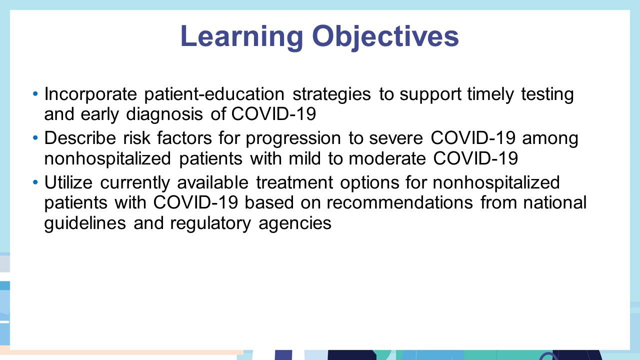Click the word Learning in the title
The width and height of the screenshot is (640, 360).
241,37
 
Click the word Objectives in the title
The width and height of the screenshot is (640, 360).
385,37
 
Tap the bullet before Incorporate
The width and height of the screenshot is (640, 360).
35,93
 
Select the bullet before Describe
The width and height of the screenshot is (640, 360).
35,138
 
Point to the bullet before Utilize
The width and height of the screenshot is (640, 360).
35,182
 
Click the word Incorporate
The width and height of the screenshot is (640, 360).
90,94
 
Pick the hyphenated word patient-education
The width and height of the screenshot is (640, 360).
214,94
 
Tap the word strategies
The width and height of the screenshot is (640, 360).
331,94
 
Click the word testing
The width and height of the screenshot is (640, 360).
547,94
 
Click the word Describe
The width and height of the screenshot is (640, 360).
80,138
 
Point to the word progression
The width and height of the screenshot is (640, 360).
293,139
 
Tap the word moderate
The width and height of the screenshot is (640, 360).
387,158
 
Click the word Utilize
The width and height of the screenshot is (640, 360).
68,182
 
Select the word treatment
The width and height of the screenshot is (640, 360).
294,182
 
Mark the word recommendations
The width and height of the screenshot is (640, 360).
400,202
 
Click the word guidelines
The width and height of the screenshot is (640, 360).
85,223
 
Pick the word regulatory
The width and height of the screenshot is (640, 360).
210,223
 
